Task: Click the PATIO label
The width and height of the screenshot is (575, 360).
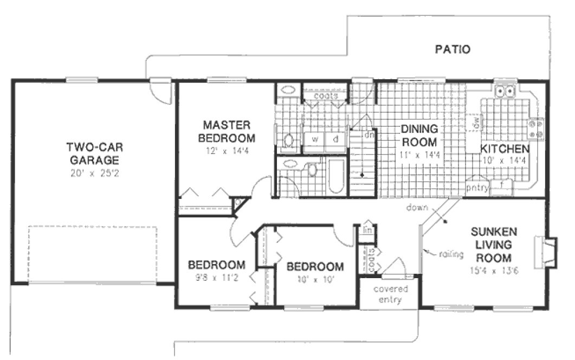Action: click(453, 50)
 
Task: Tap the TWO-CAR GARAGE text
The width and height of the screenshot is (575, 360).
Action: click(93, 153)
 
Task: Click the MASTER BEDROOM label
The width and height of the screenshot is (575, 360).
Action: click(226, 130)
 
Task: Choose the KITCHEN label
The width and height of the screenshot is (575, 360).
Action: click(504, 149)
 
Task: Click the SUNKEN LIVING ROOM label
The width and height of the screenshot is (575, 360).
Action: click(493, 244)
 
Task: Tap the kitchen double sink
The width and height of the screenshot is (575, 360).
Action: click(509, 91)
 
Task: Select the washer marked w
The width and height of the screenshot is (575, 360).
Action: click(314, 139)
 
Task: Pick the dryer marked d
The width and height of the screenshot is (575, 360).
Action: click(335, 139)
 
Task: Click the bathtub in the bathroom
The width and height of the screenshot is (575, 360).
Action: click(336, 176)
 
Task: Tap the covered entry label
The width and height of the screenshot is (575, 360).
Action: click(390, 294)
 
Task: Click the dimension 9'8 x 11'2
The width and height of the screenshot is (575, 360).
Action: click(216, 279)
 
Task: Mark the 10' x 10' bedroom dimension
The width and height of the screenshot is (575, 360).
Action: click(315, 280)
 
